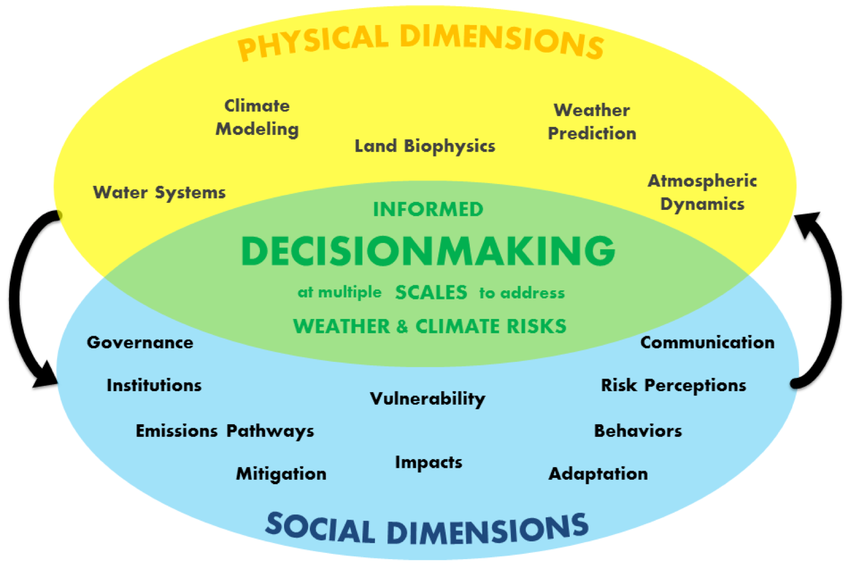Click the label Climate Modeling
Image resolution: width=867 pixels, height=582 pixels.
[257, 118]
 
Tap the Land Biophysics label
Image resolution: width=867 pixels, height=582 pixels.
[425, 146]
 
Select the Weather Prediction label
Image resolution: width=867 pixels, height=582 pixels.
[592, 122]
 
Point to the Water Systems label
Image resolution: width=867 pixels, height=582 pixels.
[159, 193]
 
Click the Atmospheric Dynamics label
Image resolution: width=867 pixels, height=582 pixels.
[702, 193]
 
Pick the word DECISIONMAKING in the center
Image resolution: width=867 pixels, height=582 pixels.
[428, 251]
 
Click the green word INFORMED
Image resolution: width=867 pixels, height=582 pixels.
[428, 209]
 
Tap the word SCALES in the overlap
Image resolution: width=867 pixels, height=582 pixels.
[431, 293]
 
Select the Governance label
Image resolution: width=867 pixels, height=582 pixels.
[140, 342]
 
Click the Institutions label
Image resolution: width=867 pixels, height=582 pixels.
[154, 385]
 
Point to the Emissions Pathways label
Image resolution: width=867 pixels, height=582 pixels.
[225, 431]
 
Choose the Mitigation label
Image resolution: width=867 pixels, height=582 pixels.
[281, 474]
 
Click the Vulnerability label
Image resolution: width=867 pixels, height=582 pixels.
[427, 398]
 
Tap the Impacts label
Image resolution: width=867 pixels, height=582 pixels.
[429, 463]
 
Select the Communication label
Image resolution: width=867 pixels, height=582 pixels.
[708, 342]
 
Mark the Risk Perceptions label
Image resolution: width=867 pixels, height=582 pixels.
[673, 386]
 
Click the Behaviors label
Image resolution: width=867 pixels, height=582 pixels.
[638, 431]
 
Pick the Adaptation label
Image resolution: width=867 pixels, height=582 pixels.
[598, 474]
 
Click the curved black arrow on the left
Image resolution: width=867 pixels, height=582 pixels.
[17, 297]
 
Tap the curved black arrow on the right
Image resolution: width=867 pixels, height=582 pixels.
[835, 297]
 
